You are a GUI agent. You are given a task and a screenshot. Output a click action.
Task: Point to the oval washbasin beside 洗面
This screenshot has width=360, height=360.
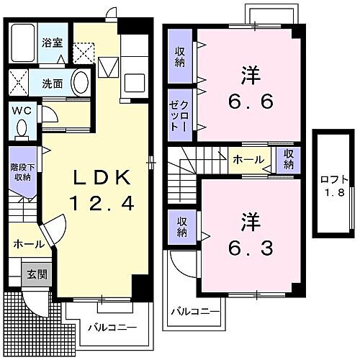pyautogui.click(x=79, y=82)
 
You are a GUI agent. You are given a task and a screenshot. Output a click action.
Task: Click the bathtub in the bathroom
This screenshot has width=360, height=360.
pyautogui.click(x=27, y=40)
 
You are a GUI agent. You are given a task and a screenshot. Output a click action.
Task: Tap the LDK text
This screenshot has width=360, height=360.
pyautogui.click(x=101, y=177)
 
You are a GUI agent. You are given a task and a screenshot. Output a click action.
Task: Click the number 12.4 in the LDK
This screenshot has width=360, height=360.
pyautogui.click(x=101, y=204)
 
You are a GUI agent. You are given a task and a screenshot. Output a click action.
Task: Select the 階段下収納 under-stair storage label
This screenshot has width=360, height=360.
pyautogui.click(x=22, y=170)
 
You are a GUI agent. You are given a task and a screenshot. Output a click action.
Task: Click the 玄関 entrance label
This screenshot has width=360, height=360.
pyautogui.click(x=37, y=274)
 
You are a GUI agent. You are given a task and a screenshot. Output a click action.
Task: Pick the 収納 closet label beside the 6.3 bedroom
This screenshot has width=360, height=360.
pyautogui.click(x=179, y=226)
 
